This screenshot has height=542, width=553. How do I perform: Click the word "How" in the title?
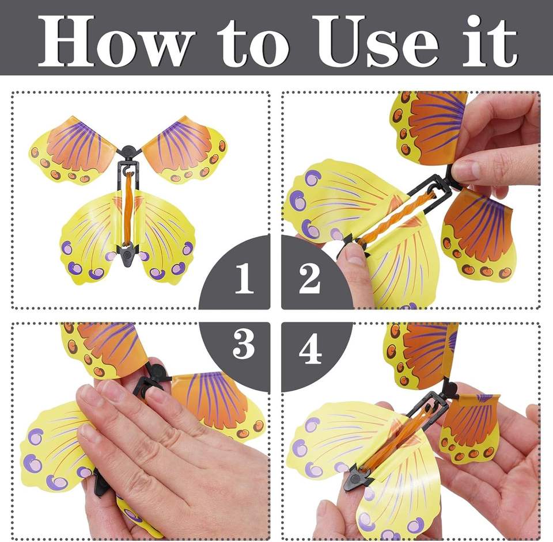pyautogui.click(x=116, y=41)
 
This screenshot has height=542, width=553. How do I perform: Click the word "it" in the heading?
pyautogui.click(x=490, y=41)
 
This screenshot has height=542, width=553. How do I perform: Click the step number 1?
pyautogui.click(x=244, y=278)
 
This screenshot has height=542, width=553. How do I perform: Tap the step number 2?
pyautogui.click(x=310, y=278)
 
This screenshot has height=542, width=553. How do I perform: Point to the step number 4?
pyautogui.click(x=310, y=349)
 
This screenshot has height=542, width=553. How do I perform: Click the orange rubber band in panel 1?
pyautogui.click(x=128, y=208)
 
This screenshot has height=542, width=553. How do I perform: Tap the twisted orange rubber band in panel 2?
pyautogui.click(x=396, y=216)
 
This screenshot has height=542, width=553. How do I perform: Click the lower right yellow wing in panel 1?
pyautogui.click(x=166, y=239)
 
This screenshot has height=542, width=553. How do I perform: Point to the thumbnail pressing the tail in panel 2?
pyautogui.click(x=354, y=255)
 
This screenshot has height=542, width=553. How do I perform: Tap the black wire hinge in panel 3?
pyautogui.click(x=151, y=382)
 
